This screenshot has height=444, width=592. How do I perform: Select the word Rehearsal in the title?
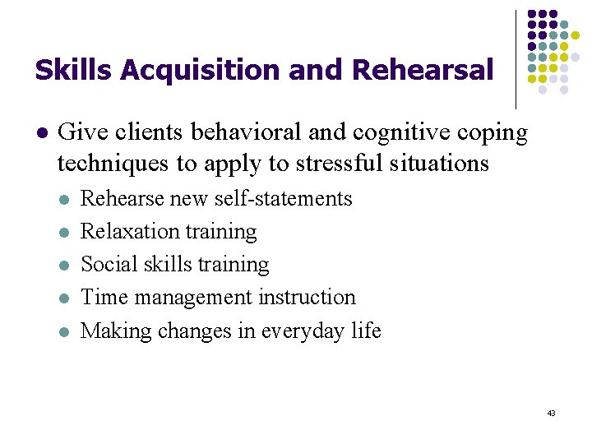[x=422, y=71]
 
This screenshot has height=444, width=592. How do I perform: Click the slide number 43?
[x=550, y=413]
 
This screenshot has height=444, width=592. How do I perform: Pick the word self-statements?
[x=284, y=199]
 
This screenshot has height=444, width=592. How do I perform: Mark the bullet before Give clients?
[x=43, y=132]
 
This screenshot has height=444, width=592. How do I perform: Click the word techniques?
[x=113, y=164]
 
